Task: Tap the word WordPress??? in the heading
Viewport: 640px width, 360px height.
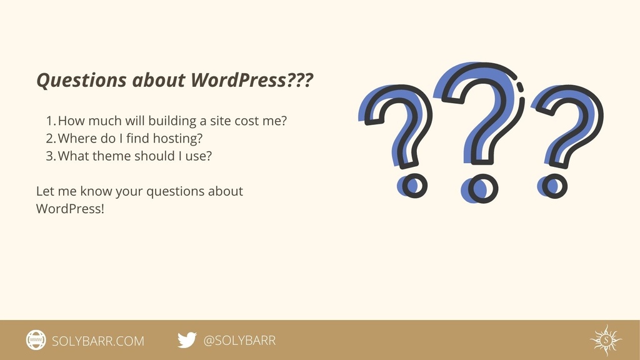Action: tap(252, 81)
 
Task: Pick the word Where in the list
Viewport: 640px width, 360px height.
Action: tap(77, 139)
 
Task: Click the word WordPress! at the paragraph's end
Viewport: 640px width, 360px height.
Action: tap(70, 209)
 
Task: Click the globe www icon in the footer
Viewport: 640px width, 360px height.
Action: tap(36, 340)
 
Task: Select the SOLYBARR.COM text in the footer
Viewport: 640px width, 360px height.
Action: tap(97, 341)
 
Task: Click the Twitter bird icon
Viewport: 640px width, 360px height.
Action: tap(186, 340)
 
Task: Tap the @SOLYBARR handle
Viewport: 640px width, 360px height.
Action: tap(239, 341)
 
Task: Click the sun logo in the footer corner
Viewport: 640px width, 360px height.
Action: tap(605, 340)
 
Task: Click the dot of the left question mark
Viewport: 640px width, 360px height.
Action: tap(414, 186)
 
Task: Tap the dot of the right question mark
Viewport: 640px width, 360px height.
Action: tap(554, 185)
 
